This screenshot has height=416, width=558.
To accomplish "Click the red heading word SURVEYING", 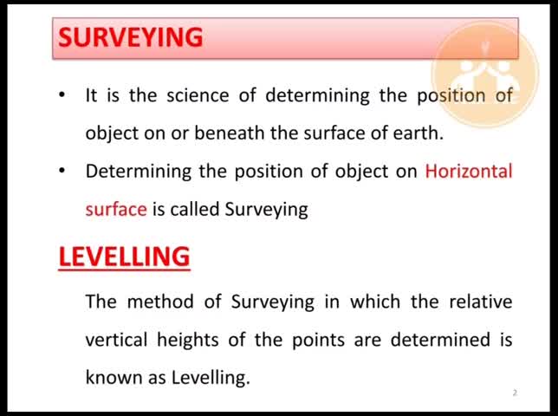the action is click(x=130, y=37).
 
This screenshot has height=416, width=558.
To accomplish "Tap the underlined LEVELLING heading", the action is click(x=124, y=257).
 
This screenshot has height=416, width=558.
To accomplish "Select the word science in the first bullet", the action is click(x=198, y=95).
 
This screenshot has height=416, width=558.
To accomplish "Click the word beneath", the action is click(x=230, y=133).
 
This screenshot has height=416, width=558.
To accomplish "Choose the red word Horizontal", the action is click(x=469, y=171).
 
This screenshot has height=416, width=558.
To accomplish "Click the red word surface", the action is click(x=116, y=209).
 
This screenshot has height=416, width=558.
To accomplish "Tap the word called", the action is click(x=194, y=209).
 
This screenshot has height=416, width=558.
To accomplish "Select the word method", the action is click(x=160, y=302).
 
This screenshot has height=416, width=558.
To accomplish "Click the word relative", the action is click(x=481, y=302).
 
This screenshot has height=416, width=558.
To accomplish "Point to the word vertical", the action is click(x=116, y=339).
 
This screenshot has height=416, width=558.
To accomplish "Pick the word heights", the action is click(x=188, y=340).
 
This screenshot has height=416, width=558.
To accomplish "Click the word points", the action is click(x=319, y=340).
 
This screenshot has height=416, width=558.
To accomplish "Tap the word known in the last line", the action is click(x=114, y=377).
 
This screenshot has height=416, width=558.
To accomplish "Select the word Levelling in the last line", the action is click(x=211, y=378).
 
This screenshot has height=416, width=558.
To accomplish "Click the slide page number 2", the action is click(x=515, y=393).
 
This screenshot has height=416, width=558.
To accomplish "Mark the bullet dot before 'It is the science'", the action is click(x=62, y=95).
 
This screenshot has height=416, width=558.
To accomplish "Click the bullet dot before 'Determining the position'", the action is click(x=62, y=171).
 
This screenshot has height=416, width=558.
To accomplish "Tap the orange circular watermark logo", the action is click(x=485, y=74).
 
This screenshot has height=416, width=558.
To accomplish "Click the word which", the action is click(x=375, y=302).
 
